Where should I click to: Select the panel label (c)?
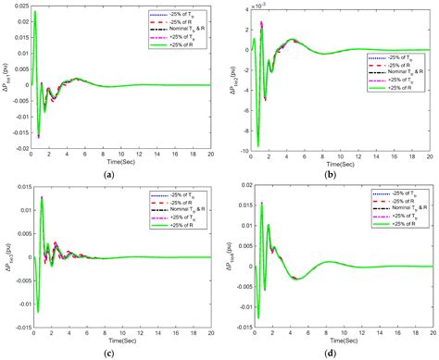click(x=110, y=353)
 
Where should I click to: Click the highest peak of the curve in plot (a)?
click(x=36, y=14)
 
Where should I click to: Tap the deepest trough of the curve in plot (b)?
click(x=258, y=145)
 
